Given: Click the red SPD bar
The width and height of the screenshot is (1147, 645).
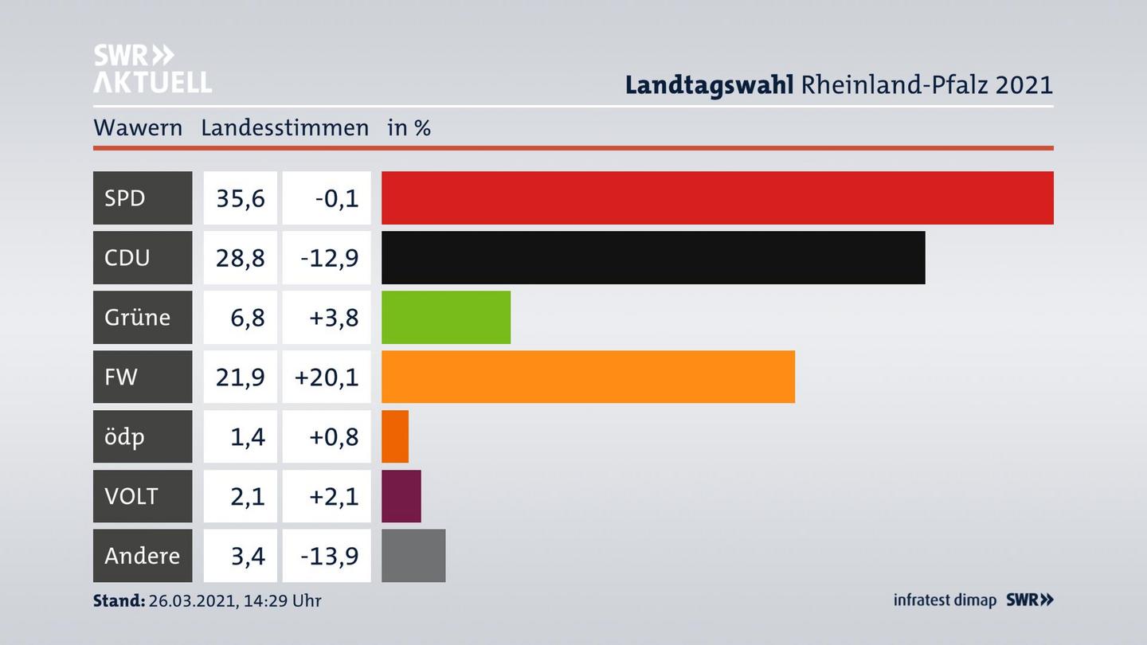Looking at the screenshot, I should tap(717, 197).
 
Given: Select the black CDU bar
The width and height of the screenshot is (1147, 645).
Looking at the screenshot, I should tap(653, 257).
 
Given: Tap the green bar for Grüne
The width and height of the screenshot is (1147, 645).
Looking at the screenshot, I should tap(446, 317).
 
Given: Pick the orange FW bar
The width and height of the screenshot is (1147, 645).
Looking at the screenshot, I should tap(588, 377).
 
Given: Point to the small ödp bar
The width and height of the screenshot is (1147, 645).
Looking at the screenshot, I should tap(395, 436).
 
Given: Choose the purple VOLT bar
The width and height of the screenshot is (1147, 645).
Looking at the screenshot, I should tap(401, 496).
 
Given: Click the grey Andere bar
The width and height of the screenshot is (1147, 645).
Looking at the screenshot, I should tap(413, 556).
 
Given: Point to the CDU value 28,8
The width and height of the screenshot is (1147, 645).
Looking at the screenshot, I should tap(240, 257).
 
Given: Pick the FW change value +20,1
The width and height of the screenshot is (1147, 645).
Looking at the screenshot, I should tap(327, 377).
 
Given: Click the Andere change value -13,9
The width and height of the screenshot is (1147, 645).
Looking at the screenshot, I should tap(328, 556).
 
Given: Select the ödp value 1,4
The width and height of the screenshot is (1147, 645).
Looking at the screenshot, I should tap(248, 436).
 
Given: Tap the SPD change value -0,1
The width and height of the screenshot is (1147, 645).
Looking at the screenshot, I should tap(336, 197).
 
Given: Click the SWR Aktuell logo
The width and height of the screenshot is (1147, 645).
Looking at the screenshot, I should tap(152, 68).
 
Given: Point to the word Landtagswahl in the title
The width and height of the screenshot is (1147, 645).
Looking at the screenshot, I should tap(709, 84).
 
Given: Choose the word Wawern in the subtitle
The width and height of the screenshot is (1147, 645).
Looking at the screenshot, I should tap(138, 128).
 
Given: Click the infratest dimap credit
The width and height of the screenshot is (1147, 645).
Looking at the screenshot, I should tap(945, 600).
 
